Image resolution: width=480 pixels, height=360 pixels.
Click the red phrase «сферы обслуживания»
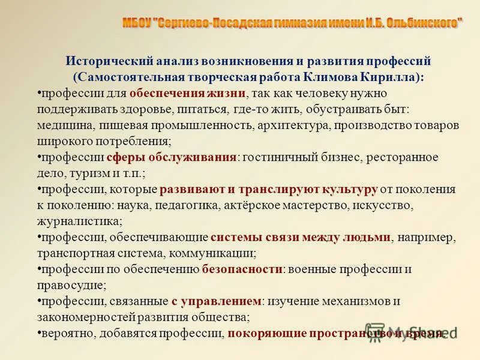click(172, 157)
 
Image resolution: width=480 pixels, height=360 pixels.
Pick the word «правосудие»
click(71, 284)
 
